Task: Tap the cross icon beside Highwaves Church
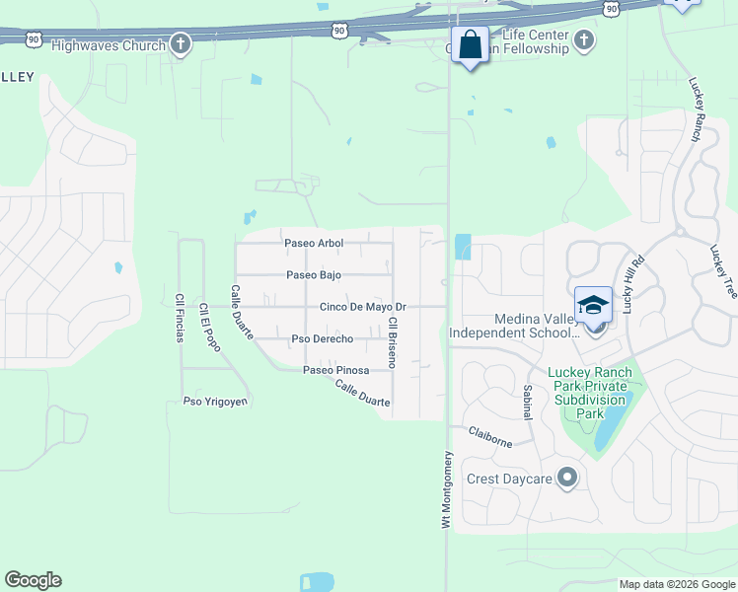(180, 43)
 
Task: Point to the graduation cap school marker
(594, 305)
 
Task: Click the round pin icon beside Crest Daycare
(566, 479)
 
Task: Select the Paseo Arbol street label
(313, 243)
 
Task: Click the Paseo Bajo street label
(313, 275)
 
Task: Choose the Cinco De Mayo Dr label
(362, 307)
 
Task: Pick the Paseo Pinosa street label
(335, 370)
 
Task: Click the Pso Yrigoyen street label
(215, 402)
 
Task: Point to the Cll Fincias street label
(180, 318)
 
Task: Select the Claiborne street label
(490, 438)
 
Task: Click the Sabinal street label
(528, 402)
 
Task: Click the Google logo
(33, 580)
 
